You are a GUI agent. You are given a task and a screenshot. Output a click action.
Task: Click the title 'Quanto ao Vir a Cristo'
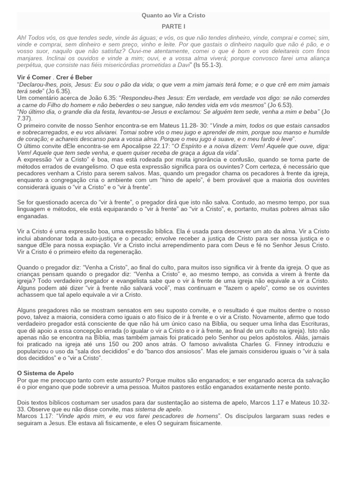click(x=173, y=15)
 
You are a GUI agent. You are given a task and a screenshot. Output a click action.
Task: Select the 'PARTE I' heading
click(x=173, y=26)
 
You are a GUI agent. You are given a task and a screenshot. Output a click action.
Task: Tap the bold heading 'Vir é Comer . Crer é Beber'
click(x=55, y=77)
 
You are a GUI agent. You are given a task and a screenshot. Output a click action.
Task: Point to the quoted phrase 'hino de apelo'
click(x=187, y=180)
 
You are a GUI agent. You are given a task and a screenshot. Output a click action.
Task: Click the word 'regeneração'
click(x=123, y=252)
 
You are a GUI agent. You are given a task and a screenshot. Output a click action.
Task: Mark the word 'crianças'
click(x=30, y=274)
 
